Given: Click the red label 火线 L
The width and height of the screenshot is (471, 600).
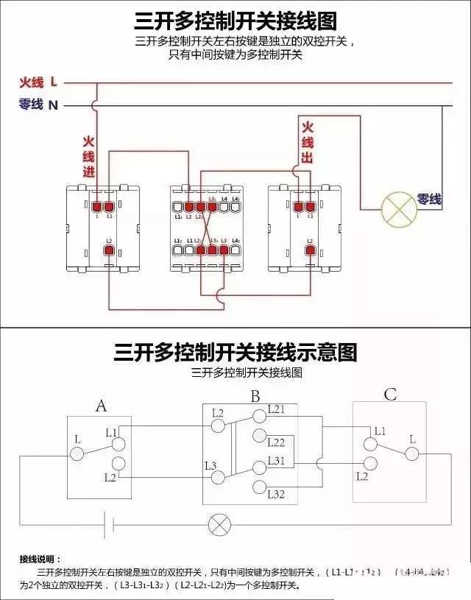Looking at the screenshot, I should click(x=38, y=82).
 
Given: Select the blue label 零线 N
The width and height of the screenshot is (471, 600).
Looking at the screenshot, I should click(x=38, y=105).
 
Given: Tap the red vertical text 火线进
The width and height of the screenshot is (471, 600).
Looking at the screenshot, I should click(x=88, y=157).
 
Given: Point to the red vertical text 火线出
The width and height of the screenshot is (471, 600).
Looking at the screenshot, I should click(x=308, y=143).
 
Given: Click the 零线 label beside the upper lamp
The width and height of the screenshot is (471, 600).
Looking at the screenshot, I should click(x=429, y=199).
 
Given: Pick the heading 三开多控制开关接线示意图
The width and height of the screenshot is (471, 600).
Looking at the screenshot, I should click(x=235, y=352).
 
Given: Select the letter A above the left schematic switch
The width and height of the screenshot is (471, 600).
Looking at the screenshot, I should click(x=101, y=405).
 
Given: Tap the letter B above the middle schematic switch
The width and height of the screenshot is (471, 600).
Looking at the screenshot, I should click(x=255, y=397).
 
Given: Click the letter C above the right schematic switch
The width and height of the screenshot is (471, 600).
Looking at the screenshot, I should click(x=390, y=395).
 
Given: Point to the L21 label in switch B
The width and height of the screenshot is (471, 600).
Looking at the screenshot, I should click(x=276, y=409).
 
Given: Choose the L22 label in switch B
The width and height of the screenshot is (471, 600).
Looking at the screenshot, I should click(x=276, y=442).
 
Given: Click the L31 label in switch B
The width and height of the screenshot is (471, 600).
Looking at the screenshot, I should click(x=276, y=460).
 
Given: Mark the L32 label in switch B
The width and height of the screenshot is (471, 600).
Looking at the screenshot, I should click(x=276, y=493).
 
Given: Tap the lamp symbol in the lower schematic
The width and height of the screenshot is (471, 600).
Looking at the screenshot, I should click(x=219, y=525).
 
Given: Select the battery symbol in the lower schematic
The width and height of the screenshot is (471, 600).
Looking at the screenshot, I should click(x=110, y=525).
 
